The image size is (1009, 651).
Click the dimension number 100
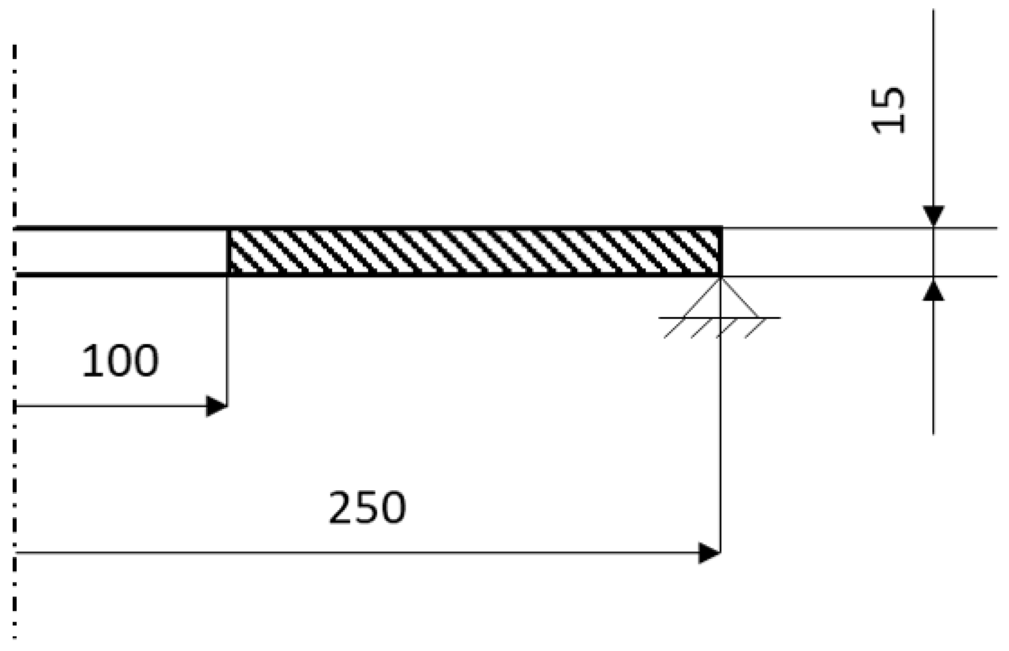pyautogui.click(x=120, y=361)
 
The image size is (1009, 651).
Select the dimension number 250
pyautogui.click(x=367, y=508)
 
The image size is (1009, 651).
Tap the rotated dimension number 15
pyautogui.click(x=889, y=110)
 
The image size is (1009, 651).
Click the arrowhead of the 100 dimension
pyautogui.click(x=217, y=406)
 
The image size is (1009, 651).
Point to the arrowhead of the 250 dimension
pyautogui.click(x=709, y=552)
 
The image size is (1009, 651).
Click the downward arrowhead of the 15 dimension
pyautogui.click(x=933, y=216)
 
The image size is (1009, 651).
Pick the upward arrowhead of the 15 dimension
pyautogui.click(x=933, y=290)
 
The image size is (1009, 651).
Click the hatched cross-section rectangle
pyautogui.click(x=474, y=252)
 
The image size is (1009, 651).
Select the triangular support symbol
pyautogui.click(x=721, y=300)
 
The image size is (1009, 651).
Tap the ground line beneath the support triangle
pyautogui.click(x=719, y=318)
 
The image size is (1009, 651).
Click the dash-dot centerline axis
pyautogui.click(x=14, y=482)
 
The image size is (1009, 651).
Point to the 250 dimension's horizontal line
pyautogui.click(x=361, y=552)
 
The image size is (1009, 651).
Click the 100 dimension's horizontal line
pyautogui.click(x=108, y=406)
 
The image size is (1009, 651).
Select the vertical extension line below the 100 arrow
pyautogui.click(x=227, y=337)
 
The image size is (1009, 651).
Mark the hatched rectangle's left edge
pyautogui.click(x=228, y=252)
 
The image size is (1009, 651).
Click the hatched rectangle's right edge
pyautogui.click(x=721, y=252)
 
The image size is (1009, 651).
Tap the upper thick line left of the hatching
pyautogui.click(x=120, y=229)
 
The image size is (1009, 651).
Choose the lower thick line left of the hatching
pyautogui.click(x=120, y=275)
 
